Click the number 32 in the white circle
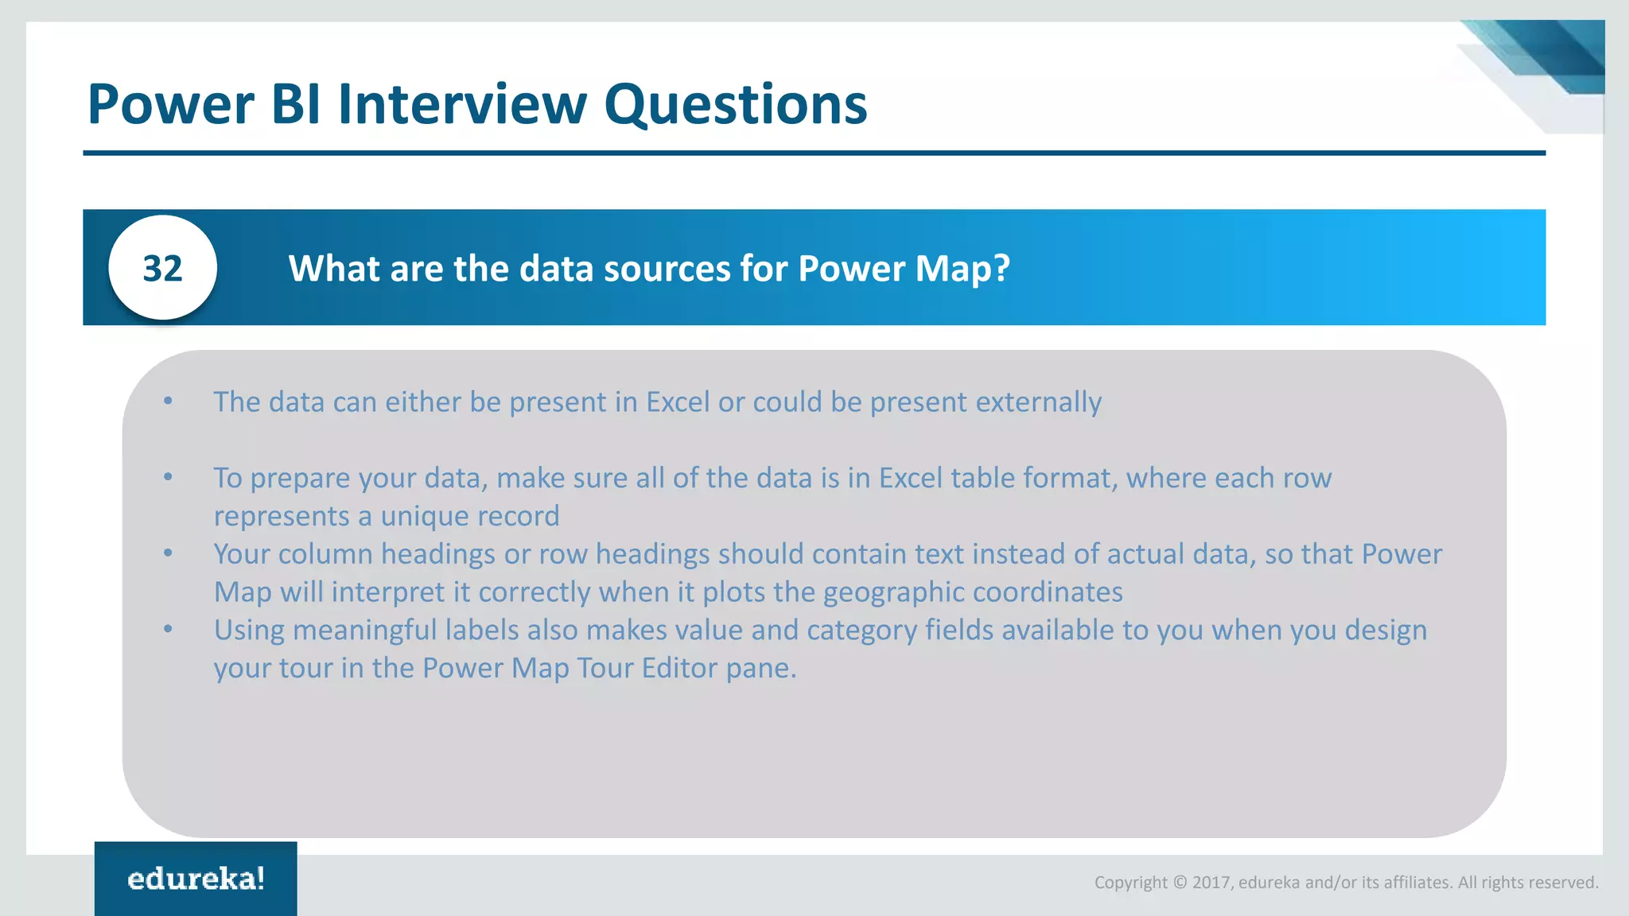click(x=162, y=269)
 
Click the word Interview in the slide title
click(x=462, y=104)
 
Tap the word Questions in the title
click(x=735, y=106)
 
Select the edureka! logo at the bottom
click(x=196, y=879)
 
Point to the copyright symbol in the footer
click(x=1180, y=883)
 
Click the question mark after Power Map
click(x=1001, y=269)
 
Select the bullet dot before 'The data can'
click(x=168, y=401)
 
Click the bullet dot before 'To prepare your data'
click(x=168, y=477)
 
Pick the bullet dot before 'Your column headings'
click(x=168, y=553)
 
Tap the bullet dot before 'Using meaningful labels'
click(x=168, y=629)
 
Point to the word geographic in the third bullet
click(x=893, y=592)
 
